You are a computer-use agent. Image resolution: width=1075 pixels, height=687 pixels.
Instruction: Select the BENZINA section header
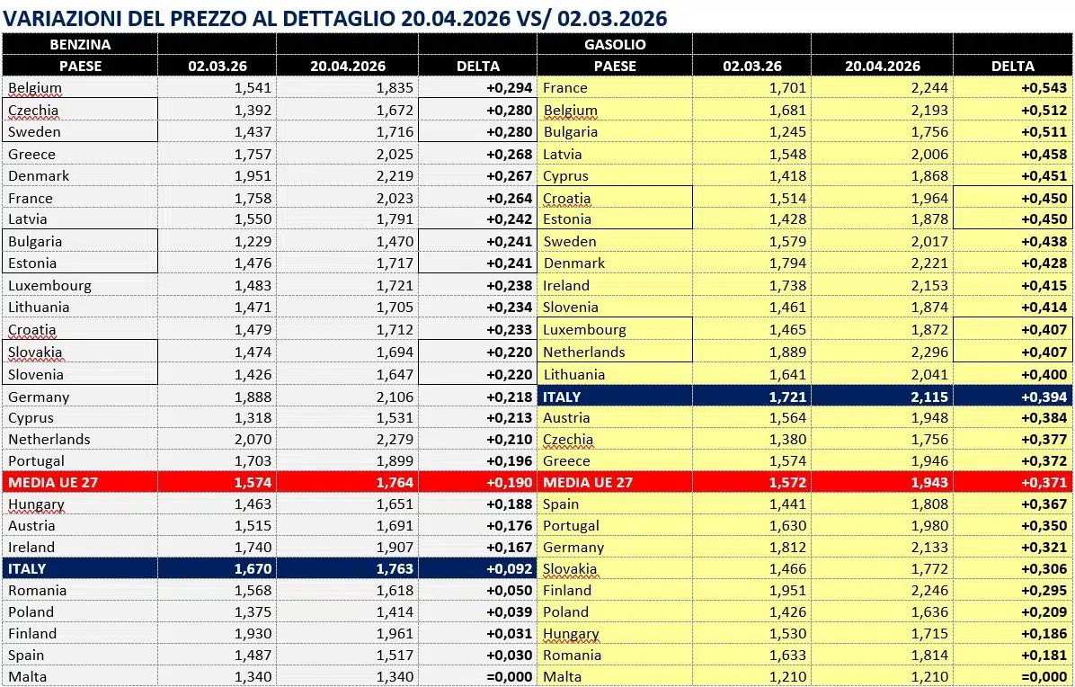click(x=80, y=44)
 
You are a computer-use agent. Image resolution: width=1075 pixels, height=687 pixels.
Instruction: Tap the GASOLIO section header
click(x=615, y=44)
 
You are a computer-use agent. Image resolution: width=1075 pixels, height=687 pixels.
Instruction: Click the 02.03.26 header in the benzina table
click(x=216, y=66)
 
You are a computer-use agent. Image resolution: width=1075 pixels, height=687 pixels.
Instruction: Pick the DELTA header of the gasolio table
click(x=1012, y=66)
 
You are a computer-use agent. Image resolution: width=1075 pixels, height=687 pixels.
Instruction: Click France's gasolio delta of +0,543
click(x=1044, y=88)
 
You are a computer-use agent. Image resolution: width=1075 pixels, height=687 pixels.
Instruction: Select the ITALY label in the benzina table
click(x=27, y=569)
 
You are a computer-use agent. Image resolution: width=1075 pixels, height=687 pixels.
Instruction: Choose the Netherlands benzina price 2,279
click(x=392, y=440)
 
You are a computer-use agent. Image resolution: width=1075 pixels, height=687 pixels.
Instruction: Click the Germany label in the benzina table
click(x=39, y=397)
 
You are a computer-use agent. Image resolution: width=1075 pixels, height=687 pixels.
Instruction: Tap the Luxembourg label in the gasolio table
click(x=584, y=330)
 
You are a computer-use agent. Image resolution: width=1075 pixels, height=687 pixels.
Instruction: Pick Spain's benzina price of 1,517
click(x=392, y=656)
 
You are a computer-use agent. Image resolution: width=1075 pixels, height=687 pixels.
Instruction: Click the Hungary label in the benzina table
click(x=36, y=504)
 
